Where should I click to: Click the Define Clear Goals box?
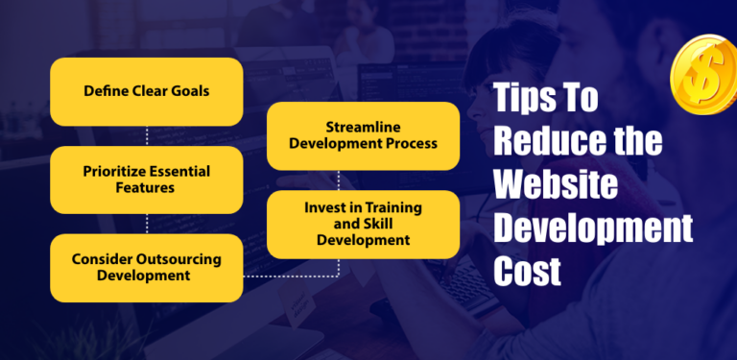click(x=146, y=91)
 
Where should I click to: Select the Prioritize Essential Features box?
click(x=146, y=180)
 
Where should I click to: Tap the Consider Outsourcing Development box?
click(x=146, y=267)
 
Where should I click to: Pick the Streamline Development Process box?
click(x=363, y=135)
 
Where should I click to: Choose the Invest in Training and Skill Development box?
click(x=363, y=225)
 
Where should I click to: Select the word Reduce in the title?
click(x=536, y=143)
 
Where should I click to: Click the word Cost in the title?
click(x=527, y=272)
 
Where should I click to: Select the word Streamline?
click(x=363, y=128)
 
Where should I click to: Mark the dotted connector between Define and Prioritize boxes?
click(x=146, y=135)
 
